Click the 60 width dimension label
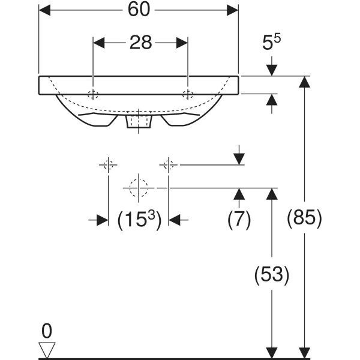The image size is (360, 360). click(x=139, y=10)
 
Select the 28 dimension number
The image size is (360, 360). click(x=141, y=43)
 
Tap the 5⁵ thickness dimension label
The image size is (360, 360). click(x=271, y=42)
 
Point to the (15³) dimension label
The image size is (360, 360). click(x=139, y=220)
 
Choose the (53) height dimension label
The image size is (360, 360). click(x=272, y=274)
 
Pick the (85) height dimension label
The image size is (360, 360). click(x=304, y=217)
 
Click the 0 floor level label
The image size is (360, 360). click(x=47, y=331)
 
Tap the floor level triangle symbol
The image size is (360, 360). click(x=47, y=350)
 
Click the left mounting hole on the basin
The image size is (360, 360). click(x=93, y=94)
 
